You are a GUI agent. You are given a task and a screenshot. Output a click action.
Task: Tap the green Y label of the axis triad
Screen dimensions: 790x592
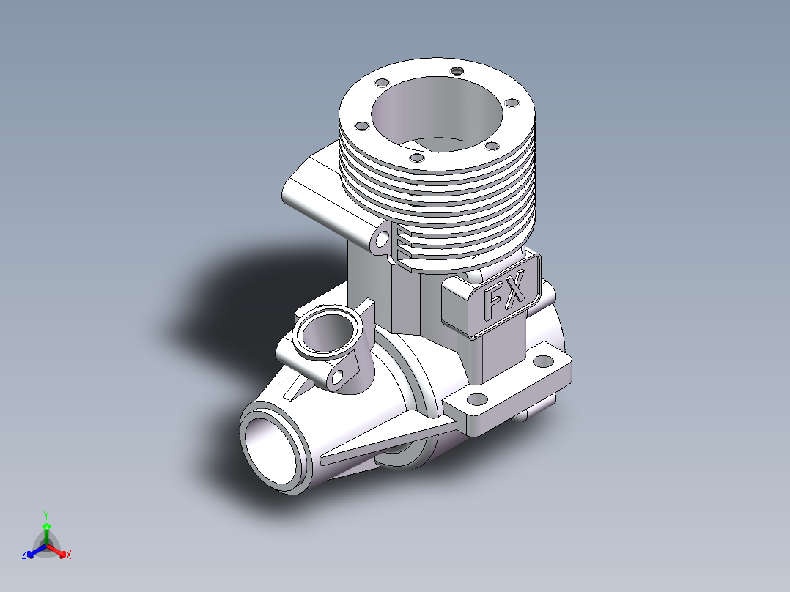pyautogui.click(x=46, y=515)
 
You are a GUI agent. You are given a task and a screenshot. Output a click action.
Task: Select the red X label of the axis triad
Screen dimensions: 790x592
pyautogui.click(x=69, y=555)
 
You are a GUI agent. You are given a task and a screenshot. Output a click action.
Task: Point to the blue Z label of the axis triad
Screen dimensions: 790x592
pyautogui.click(x=24, y=554)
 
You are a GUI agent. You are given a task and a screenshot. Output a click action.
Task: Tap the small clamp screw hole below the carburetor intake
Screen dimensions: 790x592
pyautogui.click(x=338, y=376)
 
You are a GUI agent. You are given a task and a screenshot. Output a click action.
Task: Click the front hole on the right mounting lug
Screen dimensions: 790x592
pyautogui.click(x=477, y=400)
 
